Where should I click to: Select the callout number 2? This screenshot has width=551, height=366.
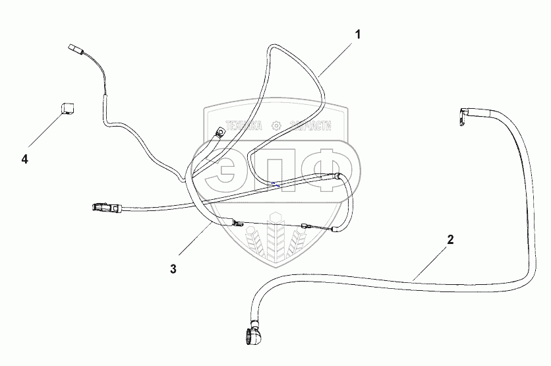pos(450,240)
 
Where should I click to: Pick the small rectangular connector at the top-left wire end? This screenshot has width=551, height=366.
pos(74,48)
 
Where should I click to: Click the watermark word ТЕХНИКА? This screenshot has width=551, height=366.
pos(244,125)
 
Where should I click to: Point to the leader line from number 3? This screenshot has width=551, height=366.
pos(194,245)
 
